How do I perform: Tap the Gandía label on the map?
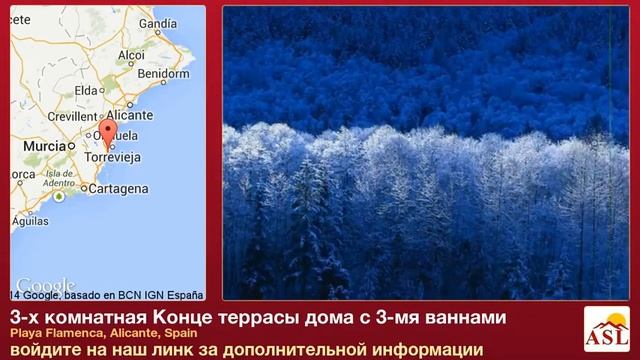[x=157, y=23]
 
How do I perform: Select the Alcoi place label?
[x=132, y=56]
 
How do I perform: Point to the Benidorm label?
[x=163, y=73]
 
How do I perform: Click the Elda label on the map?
[x=86, y=90]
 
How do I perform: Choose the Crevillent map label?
[x=71, y=116]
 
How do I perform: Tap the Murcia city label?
[x=44, y=146]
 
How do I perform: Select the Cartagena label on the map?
[x=119, y=189]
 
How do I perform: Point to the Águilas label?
[x=30, y=222]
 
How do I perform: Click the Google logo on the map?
[x=45, y=284]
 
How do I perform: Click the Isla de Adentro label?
[x=59, y=178]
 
